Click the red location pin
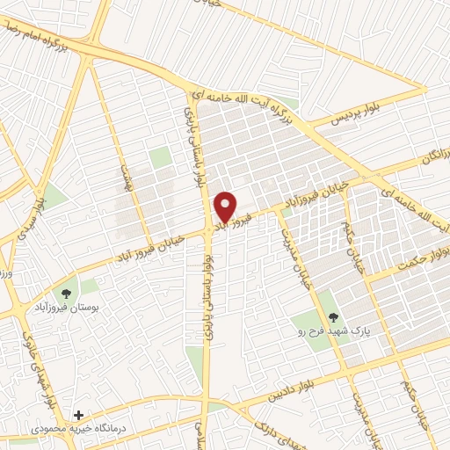pos(226,206)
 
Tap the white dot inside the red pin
pos(226,201)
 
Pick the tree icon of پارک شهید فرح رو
pos(331,312)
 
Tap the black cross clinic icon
pos(79,414)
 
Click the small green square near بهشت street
pos(159,158)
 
